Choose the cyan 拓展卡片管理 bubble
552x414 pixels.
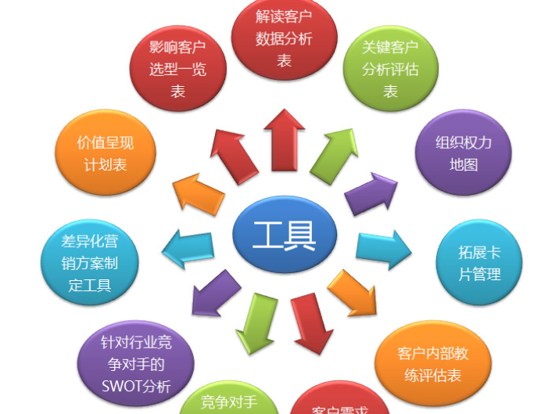479,263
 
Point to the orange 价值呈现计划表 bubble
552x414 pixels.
106,153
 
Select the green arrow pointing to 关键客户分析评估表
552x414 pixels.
334,155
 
